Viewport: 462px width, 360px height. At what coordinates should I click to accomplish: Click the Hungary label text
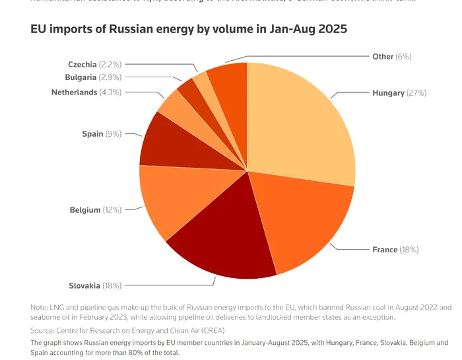388,93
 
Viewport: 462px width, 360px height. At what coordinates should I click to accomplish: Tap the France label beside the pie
385,250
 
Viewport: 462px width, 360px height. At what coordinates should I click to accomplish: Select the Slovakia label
84,285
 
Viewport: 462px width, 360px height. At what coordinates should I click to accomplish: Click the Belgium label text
85,210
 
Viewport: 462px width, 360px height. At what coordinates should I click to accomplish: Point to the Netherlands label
74,92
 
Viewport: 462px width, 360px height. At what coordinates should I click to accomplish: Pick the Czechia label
82,64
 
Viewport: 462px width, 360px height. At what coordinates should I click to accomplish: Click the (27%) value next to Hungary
416,93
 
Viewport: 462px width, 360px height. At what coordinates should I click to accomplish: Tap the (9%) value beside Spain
114,134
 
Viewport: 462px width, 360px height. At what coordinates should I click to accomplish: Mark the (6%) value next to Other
403,57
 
